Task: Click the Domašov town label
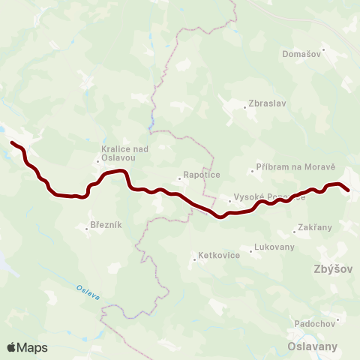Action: [301, 54]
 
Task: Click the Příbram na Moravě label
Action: [295, 168]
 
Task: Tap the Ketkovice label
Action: [217, 256]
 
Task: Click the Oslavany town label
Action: [312, 346]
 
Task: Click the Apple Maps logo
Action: [28, 347]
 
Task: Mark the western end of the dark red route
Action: [11, 141]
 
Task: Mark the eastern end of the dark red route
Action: [349, 190]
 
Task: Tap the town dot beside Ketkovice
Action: [193, 256]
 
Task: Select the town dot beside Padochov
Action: [337, 320]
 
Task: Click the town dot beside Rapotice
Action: [180, 178]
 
